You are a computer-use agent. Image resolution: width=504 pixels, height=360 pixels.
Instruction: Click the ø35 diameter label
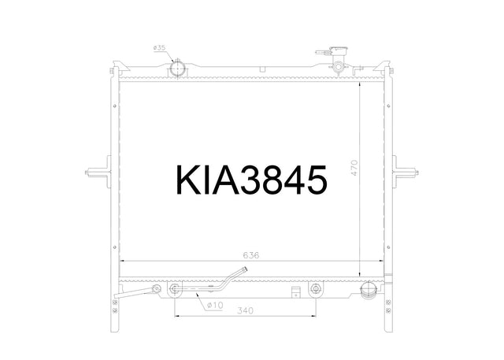point(159,48)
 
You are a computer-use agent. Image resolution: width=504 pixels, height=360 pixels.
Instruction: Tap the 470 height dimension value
point(354,168)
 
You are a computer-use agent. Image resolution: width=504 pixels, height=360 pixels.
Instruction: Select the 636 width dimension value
point(250,255)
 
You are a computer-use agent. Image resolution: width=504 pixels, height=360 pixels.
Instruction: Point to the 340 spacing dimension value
point(245,310)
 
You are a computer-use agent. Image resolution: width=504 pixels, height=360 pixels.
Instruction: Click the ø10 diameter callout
point(215,305)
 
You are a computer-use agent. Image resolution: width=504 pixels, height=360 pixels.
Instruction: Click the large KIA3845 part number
point(252,180)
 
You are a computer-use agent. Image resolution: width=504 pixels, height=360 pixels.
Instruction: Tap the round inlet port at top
point(177,69)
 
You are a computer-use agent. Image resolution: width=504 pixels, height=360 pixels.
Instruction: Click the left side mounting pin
point(98,173)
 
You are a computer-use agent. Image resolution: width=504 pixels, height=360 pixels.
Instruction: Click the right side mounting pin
point(406,173)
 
